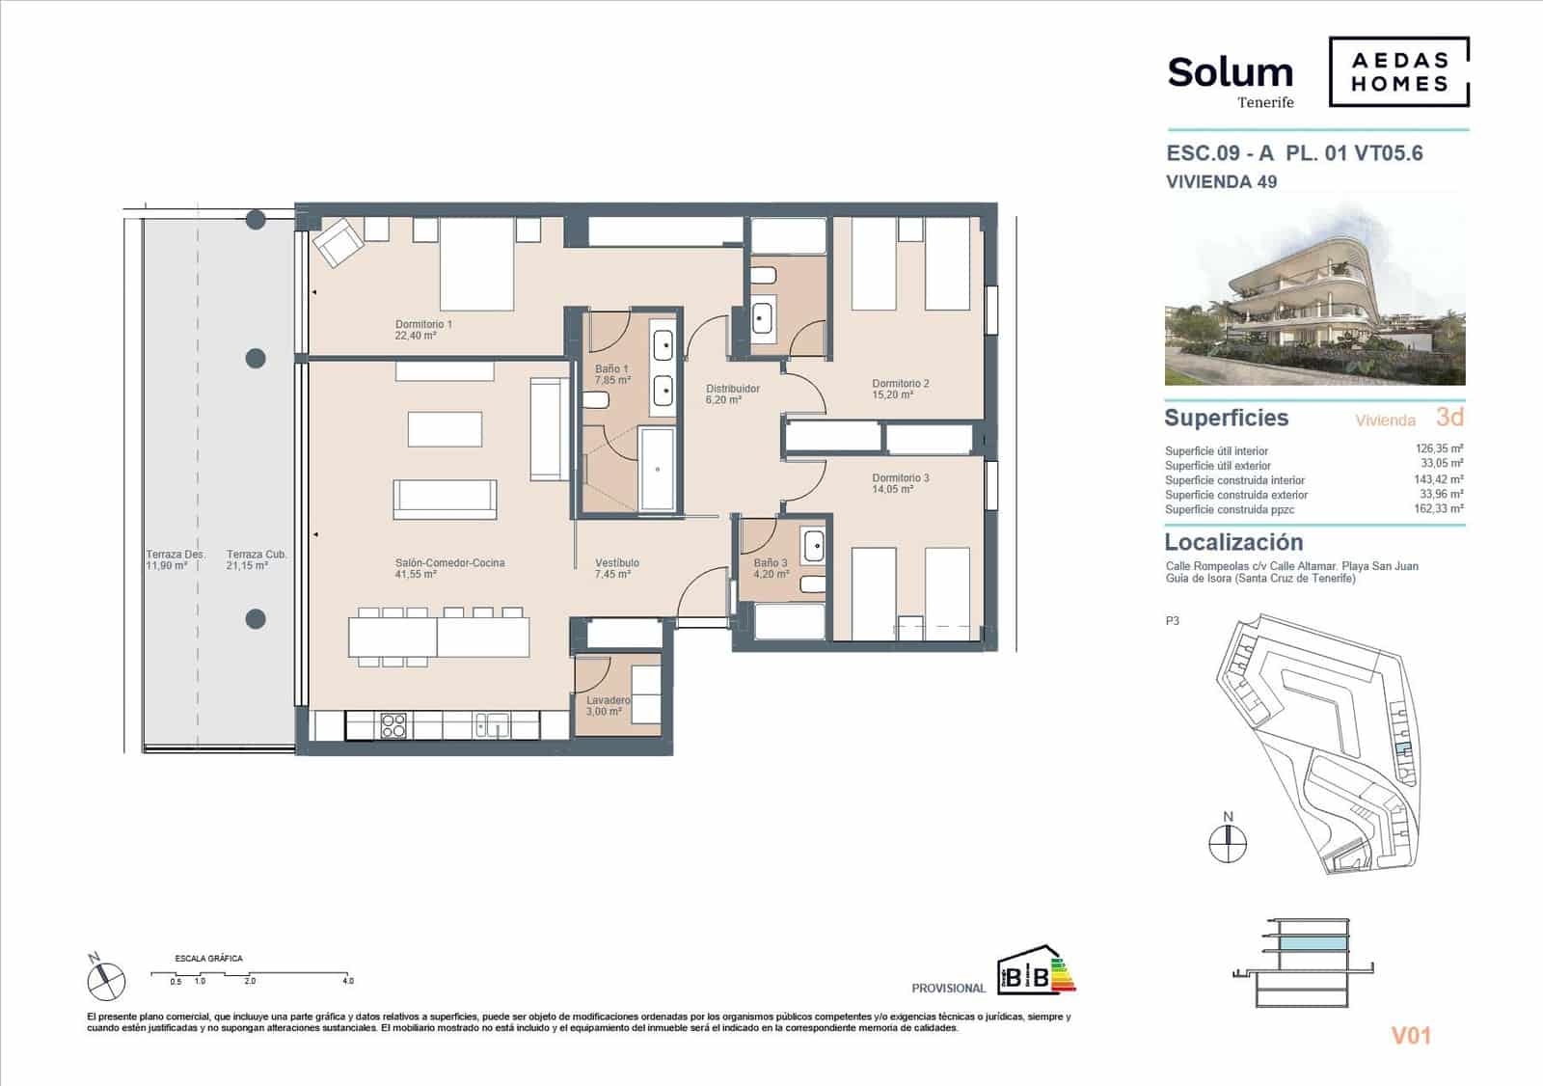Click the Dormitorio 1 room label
[x=423, y=330]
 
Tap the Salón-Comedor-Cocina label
[x=449, y=568]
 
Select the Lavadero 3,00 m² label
[x=608, y=706]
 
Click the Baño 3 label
[x=771, y=568]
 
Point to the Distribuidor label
[x=732, y=394]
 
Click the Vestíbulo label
[x=616, y=568]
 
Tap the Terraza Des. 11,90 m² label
[x=175, y=560]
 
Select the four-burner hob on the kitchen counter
[x=393, y=725]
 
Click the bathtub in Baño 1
[x=658, y=469]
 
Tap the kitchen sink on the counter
[x=492, y=725]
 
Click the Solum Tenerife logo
[x=1231, y=79]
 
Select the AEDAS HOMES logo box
[x=1398, y=72]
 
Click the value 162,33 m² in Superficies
[x=1441, y=509]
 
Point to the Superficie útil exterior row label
[x=1217, y=466]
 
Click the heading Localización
[x=1233, y=542]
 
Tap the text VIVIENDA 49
[x=1221, y=181]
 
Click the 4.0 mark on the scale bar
[x=347, y=981]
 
